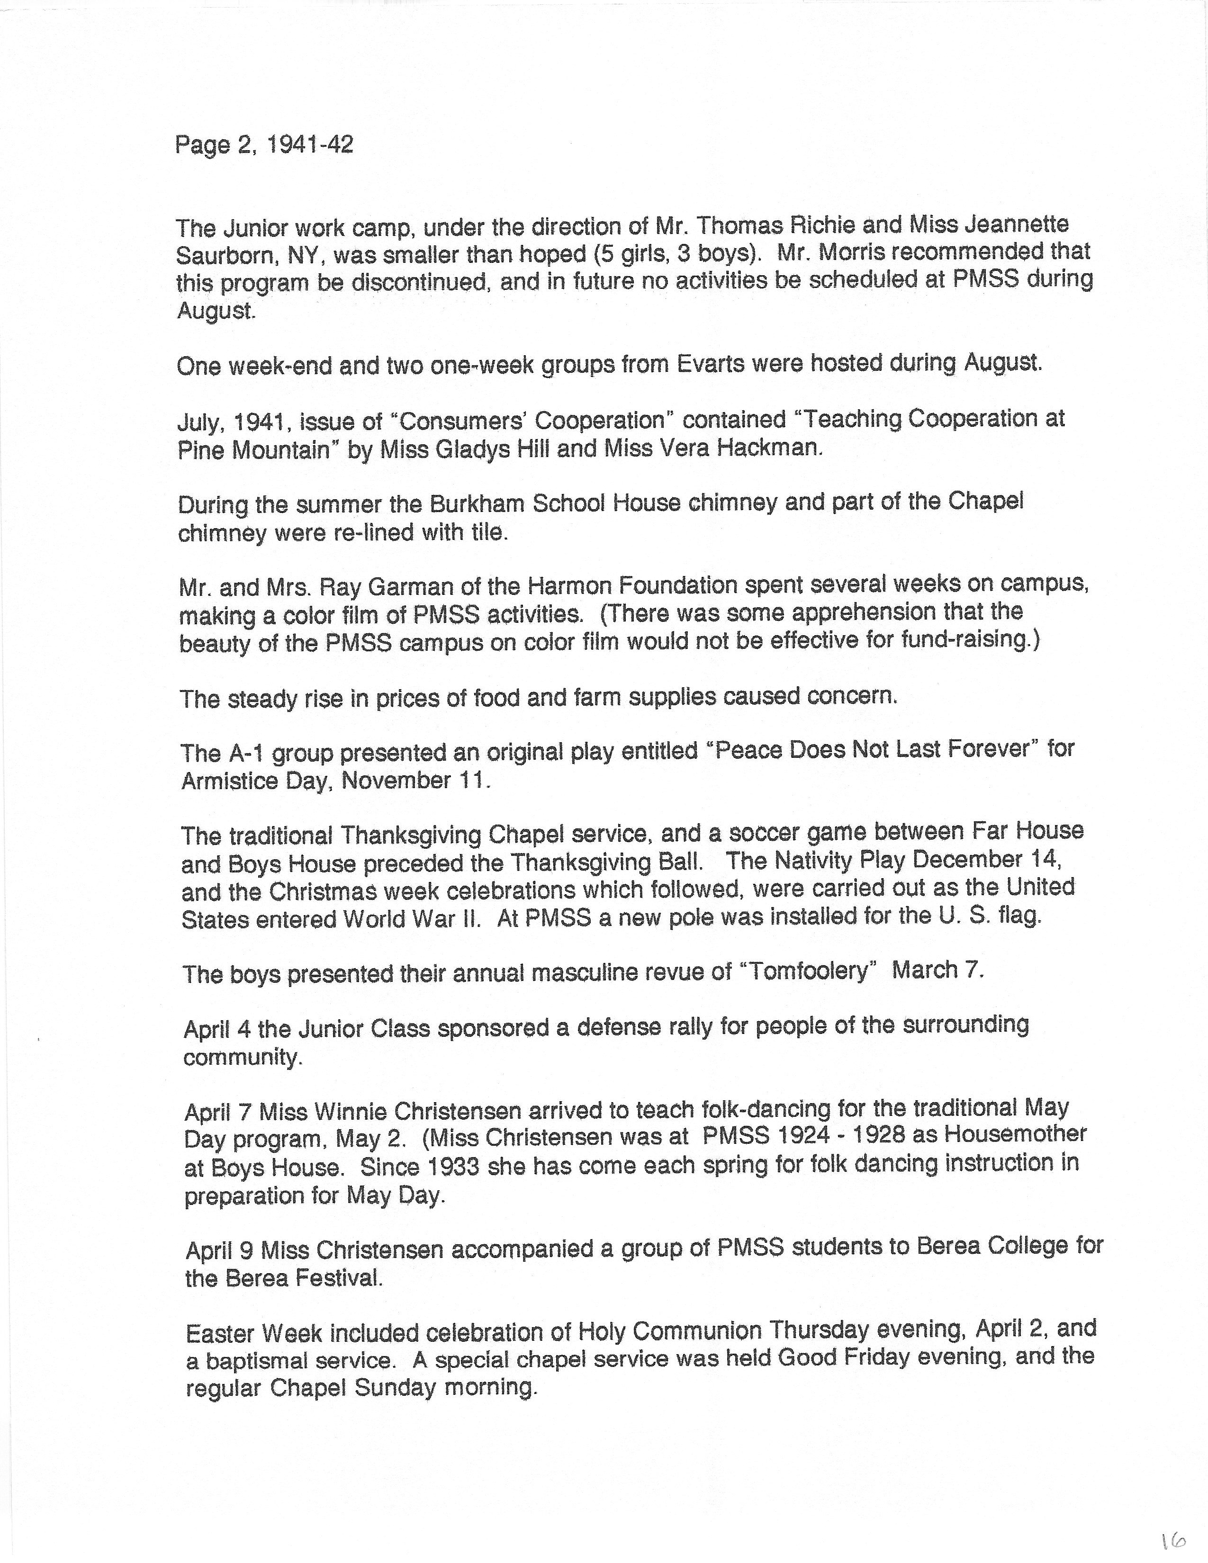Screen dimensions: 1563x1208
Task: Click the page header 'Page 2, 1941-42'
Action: pos(263,145)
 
